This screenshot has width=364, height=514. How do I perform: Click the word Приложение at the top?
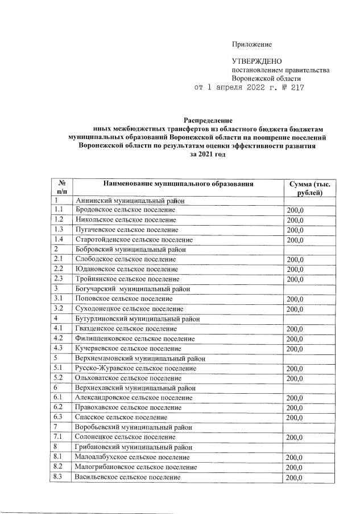251,44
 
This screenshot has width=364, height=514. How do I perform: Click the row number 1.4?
59,240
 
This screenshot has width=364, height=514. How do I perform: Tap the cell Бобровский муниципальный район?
130,250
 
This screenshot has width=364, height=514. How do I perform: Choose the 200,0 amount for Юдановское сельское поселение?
295,270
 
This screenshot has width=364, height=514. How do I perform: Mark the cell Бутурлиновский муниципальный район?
136,319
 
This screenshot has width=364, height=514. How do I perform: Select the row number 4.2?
59,338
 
